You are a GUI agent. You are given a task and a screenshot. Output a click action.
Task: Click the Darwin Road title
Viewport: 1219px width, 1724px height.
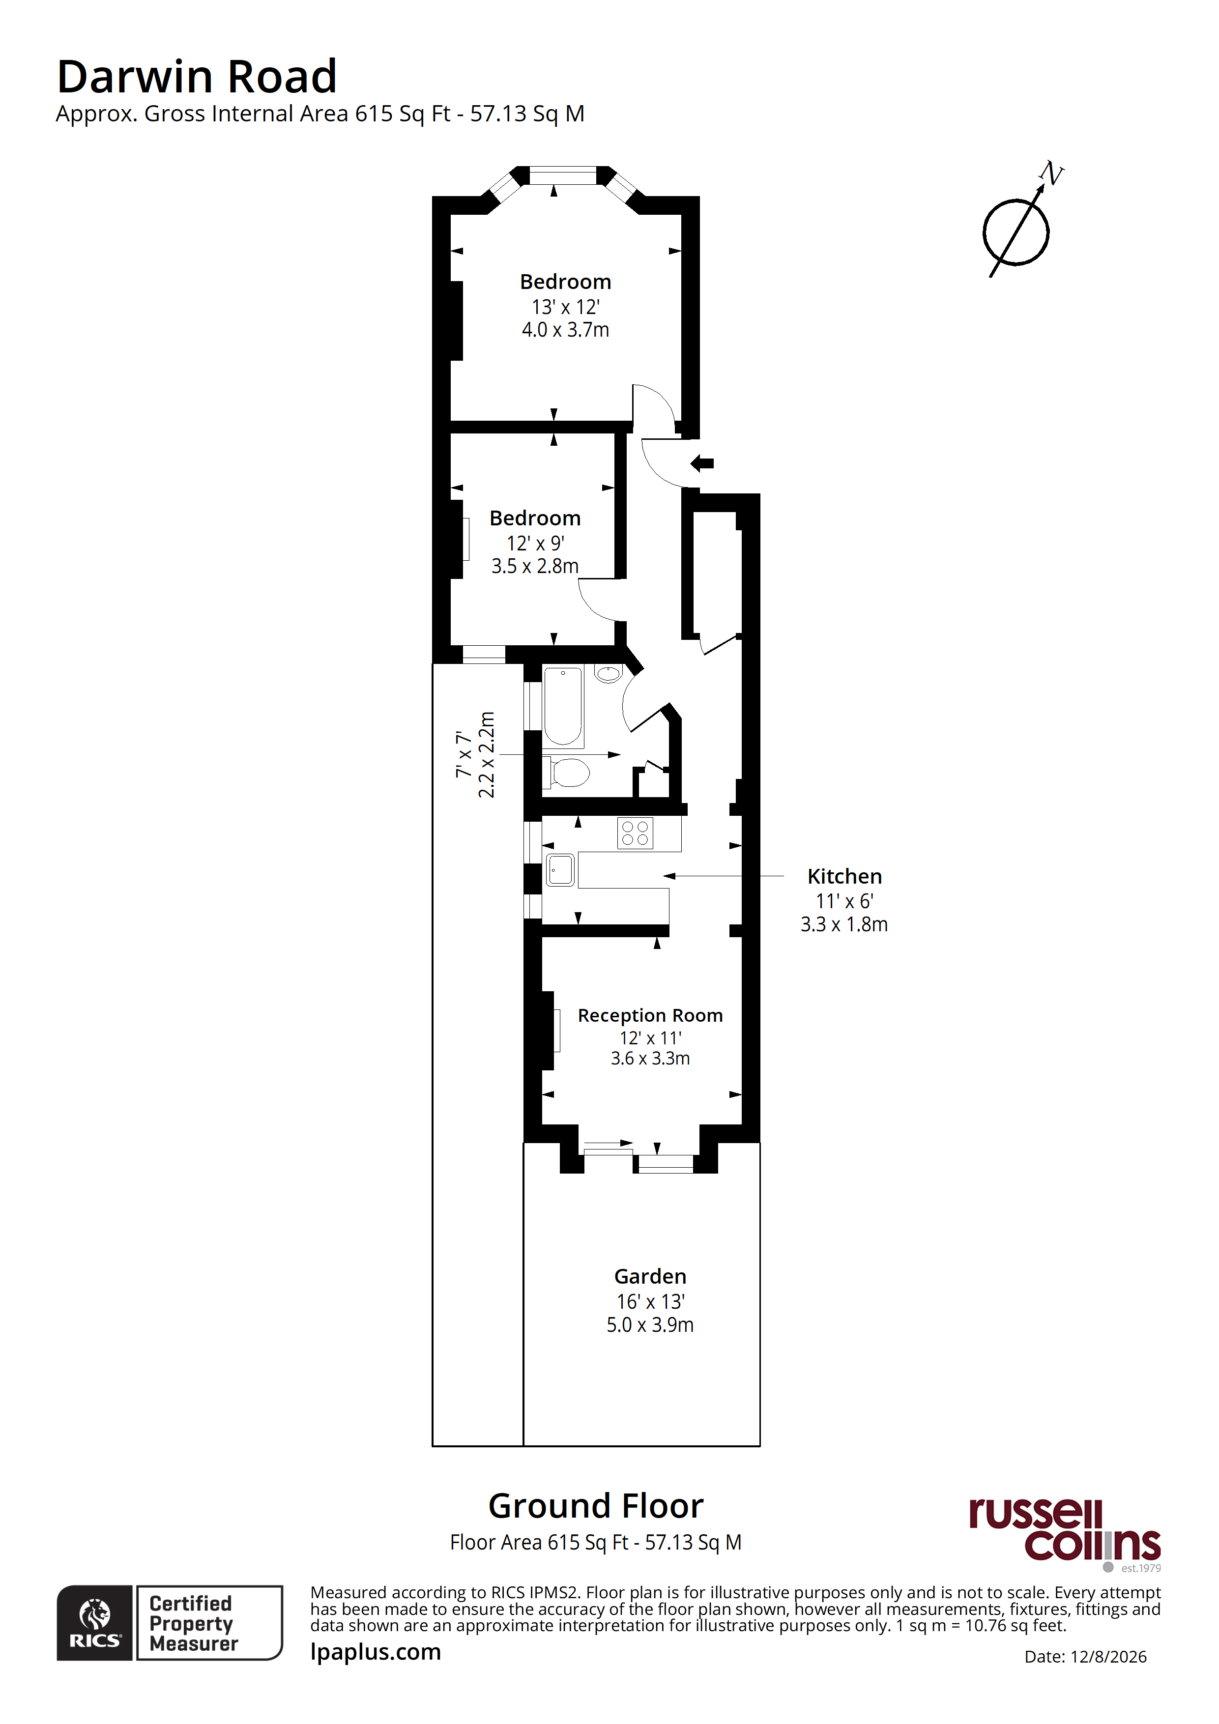point(197,77)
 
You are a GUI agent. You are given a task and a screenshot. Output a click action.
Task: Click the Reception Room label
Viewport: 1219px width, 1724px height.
point(650,1015)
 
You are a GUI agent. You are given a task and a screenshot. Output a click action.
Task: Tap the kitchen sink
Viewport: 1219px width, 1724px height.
point(560,870)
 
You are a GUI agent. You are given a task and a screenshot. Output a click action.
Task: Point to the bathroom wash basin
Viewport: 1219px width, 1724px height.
point(609,674)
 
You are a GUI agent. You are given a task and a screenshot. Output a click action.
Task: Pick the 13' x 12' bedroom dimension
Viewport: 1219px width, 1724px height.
point(566,307)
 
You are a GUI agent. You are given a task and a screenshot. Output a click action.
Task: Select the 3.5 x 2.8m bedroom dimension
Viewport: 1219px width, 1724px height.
point(535,566)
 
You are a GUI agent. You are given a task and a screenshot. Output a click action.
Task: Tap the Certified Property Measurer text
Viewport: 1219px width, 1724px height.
point(194,1623)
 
